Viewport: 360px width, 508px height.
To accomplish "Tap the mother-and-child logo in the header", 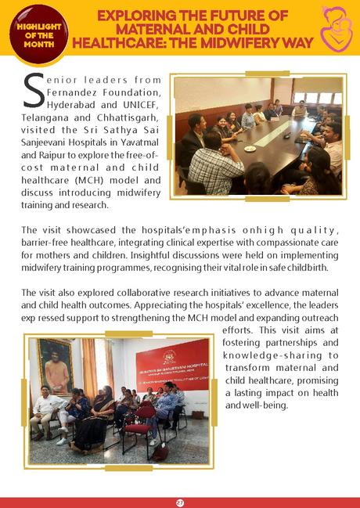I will tap(335, 27).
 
